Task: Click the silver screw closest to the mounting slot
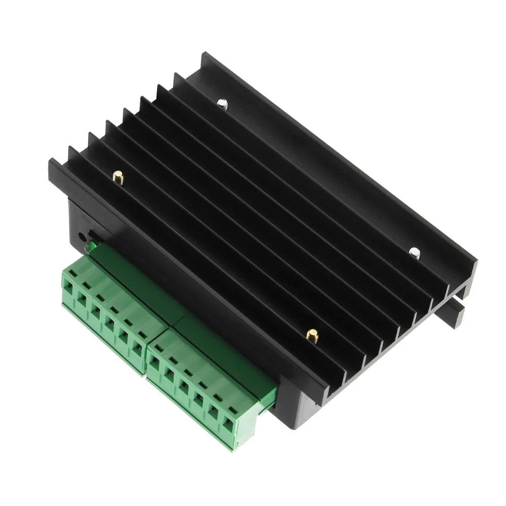(414, 251)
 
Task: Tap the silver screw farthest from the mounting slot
(222, 104)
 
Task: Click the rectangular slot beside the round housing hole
(92, 233)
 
